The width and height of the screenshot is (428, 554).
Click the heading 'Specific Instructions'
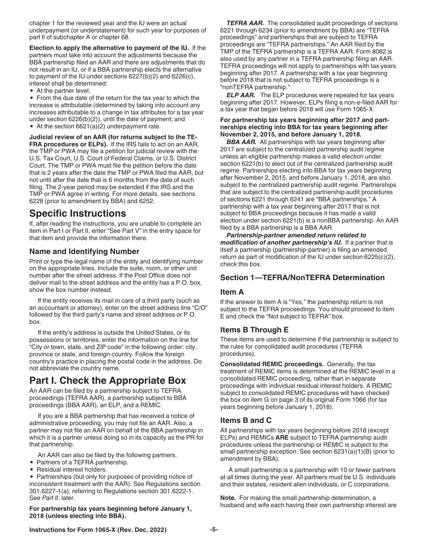(x=77, y=213)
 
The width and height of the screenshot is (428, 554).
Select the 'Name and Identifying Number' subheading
(x=84, y=251)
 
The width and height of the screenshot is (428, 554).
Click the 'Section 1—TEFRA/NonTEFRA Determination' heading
(x=302, y=277)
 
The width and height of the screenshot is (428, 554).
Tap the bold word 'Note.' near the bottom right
(x=228, y=498)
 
